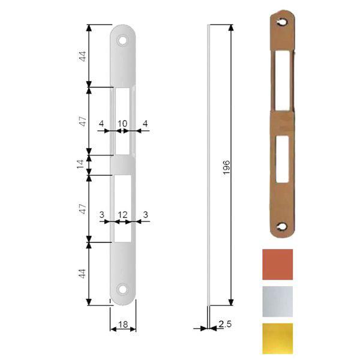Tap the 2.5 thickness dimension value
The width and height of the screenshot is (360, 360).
(225, 325)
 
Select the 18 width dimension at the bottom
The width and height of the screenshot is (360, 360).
(123, 325)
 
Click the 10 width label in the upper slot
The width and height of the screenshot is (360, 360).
(122, 124)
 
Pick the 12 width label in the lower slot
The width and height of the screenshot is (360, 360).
(122, 214)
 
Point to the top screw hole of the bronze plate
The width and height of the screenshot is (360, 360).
(282, 22)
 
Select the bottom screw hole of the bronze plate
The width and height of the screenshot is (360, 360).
(282, 227)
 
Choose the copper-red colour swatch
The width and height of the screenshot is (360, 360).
(278, 264)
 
